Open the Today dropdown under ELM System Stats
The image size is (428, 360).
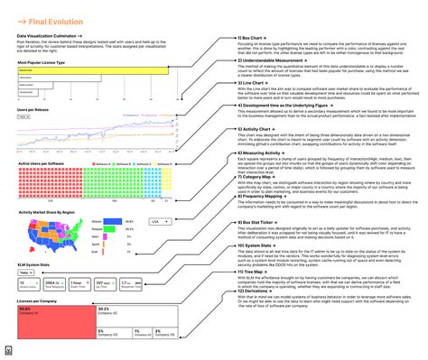[x=25, y=272]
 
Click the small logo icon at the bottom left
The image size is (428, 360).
[x=8, y=347]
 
